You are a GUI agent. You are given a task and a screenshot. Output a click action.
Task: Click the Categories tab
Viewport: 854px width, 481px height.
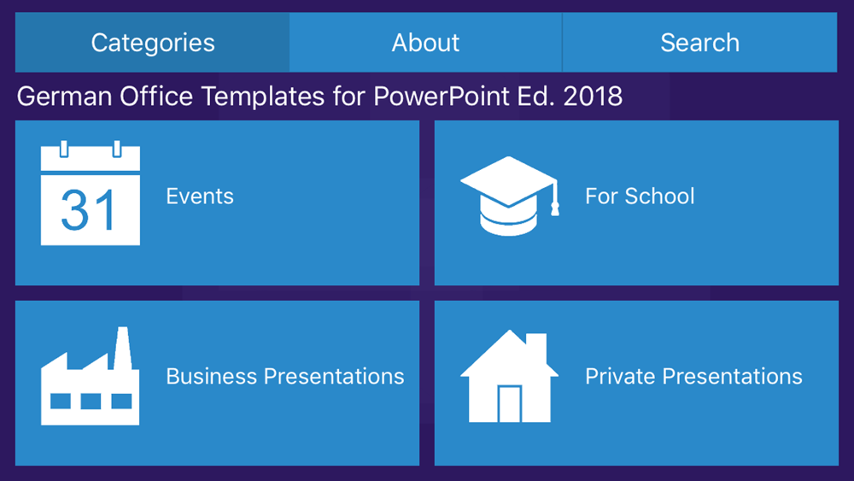pos(153,43)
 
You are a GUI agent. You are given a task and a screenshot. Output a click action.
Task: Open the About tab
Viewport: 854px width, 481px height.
pos(425,43)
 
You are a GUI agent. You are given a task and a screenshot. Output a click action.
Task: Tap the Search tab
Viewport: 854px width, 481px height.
pos(700,43)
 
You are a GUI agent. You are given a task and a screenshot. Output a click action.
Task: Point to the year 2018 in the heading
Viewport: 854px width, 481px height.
pos(593,97)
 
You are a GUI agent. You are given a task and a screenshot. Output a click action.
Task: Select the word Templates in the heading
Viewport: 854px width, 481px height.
pos(263,97)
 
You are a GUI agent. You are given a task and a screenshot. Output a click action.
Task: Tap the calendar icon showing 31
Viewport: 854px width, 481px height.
pos(91,193)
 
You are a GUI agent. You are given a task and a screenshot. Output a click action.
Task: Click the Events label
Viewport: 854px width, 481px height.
pos(200,197)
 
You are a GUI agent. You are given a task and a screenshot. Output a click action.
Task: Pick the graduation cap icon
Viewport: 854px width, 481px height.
pos(509,197)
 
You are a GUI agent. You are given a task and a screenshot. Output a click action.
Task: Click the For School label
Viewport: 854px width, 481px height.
pos(640,197)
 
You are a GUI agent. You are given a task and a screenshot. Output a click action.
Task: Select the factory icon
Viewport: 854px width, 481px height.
pos(91,376)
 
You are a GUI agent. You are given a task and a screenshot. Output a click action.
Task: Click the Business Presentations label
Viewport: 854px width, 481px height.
pos(285,377)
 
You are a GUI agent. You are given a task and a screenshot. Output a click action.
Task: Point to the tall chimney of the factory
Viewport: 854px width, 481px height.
pos(122,349)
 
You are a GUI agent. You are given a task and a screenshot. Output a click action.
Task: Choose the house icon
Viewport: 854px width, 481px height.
pos(509,376)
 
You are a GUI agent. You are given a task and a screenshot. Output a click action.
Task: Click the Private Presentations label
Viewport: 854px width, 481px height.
pos(693,377)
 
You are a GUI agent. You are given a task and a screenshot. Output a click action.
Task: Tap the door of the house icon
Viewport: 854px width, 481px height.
pos(510,403)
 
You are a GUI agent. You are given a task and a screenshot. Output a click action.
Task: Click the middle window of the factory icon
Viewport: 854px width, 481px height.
pos(91,402)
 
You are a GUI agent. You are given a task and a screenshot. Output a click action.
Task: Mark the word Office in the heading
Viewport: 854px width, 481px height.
pos(156,97)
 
